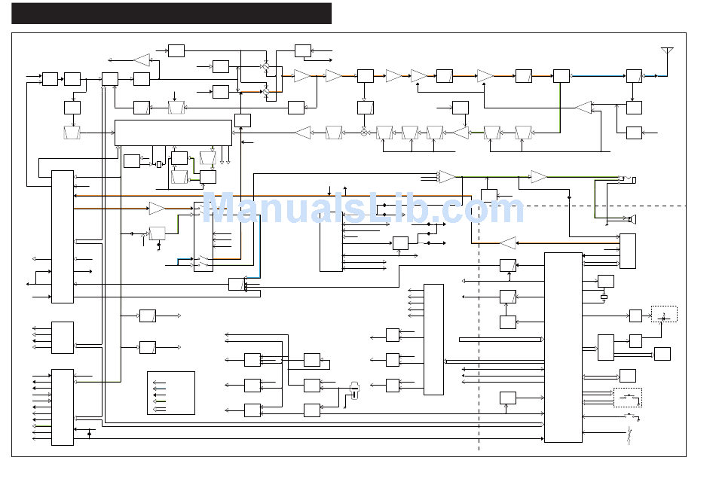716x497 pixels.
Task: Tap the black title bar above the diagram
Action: point(171,14)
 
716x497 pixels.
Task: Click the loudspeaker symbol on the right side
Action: point(631,220)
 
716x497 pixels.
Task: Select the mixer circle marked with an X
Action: point(364,133)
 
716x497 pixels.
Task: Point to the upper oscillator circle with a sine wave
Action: point(266,66)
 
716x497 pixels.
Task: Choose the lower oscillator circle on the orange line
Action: point(266,92)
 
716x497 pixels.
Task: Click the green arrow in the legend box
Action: point(159,401)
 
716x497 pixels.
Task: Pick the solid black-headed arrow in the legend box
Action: point(159,395)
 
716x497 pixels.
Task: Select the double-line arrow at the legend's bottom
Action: point(159,408)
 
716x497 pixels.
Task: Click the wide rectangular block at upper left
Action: point(173,133)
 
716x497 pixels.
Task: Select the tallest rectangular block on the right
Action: point(563,347)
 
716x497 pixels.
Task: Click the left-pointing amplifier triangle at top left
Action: point(142,59)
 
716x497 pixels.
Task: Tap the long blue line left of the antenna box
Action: point(598,76)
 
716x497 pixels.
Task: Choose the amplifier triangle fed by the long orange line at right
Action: point(508,242)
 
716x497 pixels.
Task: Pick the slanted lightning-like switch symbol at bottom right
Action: point(629,435)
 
